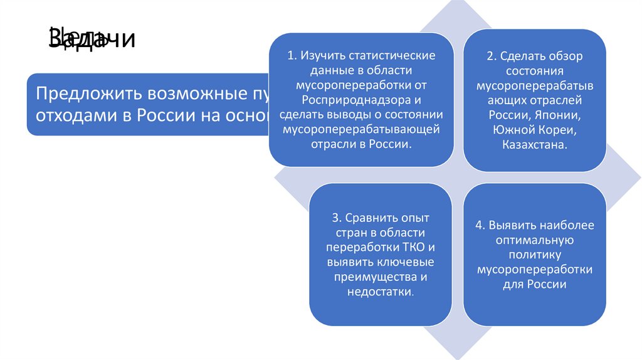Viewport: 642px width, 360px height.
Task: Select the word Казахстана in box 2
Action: (534, 145)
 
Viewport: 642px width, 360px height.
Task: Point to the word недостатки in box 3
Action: (379, 292)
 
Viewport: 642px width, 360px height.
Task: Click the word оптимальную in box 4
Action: (534, 240)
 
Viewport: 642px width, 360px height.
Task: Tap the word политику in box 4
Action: (534, 255)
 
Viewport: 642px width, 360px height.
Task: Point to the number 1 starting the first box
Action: (290, 55)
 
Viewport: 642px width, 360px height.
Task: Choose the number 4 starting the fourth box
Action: (478, 225)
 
